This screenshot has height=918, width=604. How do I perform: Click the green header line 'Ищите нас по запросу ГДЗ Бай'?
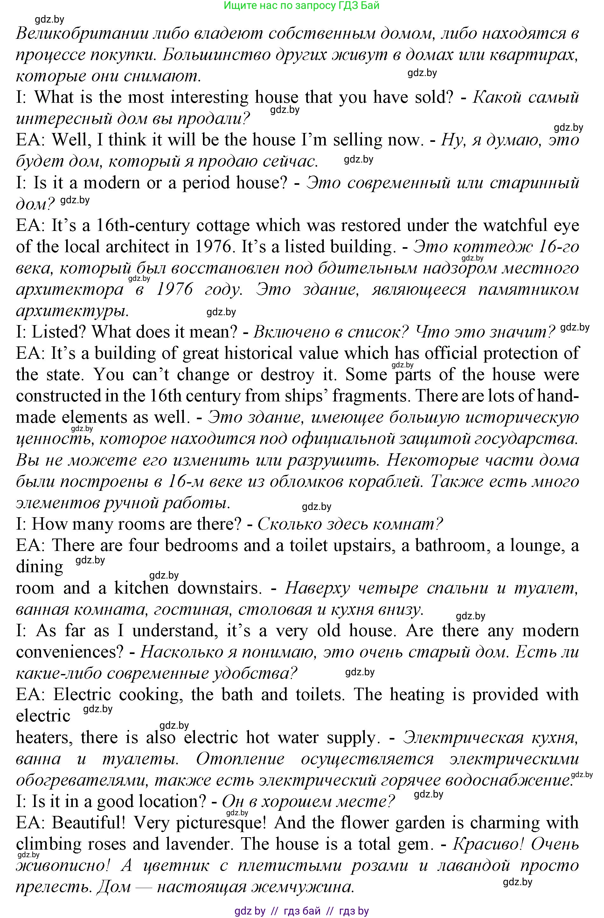pyautogui.click(x=301, y=5)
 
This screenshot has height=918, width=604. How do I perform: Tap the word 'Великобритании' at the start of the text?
pyautogui.click(x=82, y=34)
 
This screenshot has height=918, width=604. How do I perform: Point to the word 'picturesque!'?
pyautogui.click(x=221, y=822)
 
